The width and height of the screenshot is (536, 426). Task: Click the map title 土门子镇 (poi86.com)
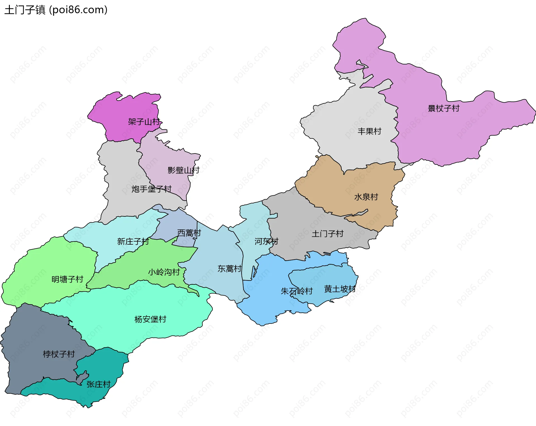click(x=56, y=10)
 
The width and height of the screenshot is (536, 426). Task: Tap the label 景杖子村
click(x=444, y=108)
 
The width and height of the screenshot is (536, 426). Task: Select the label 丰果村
click(x=369, y=131)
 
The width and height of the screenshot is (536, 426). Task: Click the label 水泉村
click(x=366, y=197)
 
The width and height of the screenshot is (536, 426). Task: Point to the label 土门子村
click(x=327, y=234)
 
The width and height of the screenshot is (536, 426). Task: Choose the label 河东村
click(x=266, y=241)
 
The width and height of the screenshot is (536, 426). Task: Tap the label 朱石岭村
click(x=296, y=291)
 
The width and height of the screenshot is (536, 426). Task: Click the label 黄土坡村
click(x=340, y=289)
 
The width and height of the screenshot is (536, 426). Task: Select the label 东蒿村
click(x=229, y=269)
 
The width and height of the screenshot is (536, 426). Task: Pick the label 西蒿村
click(x=189, y=233)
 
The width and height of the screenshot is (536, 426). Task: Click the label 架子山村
click(x=144, y=122)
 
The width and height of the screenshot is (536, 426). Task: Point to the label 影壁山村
click(x=183, y=170)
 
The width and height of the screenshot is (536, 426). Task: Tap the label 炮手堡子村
click(x=151, y=189)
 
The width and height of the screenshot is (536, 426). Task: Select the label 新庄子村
click(x=133, y=241)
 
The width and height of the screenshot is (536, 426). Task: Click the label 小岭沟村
click(x=164, y=272)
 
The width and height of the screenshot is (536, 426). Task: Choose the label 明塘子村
click(x=67, y=279)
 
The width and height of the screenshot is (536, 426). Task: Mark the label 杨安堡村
click(x=150, y=319)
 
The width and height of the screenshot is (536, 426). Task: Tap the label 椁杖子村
click(x=59, y=354)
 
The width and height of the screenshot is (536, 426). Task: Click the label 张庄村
click(x=99, y=384)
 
